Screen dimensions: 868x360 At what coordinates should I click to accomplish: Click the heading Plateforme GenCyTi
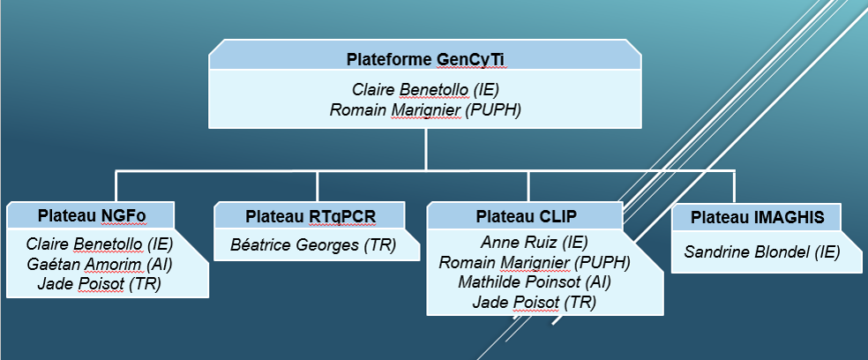point(425,59)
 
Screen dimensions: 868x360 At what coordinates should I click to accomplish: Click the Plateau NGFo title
point(92,216)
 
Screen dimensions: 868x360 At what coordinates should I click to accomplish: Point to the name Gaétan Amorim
point(84,264)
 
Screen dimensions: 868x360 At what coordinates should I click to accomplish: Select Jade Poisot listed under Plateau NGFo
point(80,285)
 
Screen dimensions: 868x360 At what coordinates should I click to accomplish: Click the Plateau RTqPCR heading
point(311,217)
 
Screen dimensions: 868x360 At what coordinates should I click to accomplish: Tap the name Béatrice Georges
point(295,244)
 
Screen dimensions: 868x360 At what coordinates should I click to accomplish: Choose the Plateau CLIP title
point(526,216)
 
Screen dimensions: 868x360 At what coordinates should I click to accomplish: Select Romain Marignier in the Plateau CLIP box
point(505,262)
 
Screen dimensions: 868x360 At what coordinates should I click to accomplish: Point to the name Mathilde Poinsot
point(519,281)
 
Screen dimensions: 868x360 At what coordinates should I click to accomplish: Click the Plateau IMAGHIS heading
point(757,218)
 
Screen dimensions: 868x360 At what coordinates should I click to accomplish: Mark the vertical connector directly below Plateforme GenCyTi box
point(425,149)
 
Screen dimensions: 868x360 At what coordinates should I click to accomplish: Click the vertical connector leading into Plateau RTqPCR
point(317,187)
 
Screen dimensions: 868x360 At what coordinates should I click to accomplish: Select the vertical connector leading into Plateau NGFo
point(116,187)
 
